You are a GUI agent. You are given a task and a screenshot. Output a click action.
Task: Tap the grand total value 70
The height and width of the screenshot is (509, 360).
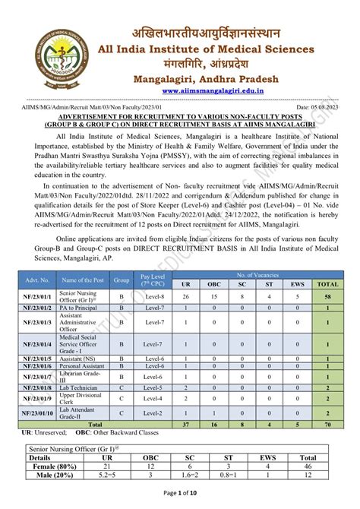tap(327, 425)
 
